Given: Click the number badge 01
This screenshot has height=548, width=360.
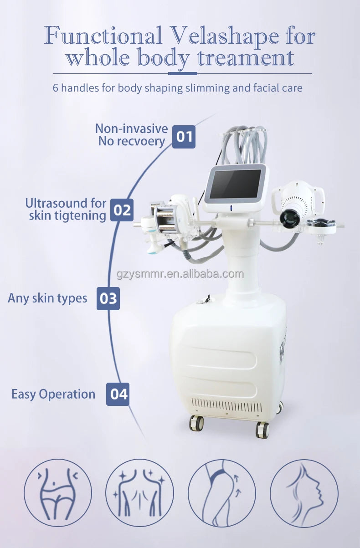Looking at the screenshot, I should tap(184, 136).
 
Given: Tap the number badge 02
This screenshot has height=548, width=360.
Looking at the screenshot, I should tap(122, 210).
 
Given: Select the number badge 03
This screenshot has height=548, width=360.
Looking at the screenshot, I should tap(108, 298).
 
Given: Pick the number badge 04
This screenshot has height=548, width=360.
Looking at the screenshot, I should tap(118, 394).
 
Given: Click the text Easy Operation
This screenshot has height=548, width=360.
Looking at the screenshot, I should tap(53, 394).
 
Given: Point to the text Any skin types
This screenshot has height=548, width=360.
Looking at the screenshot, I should tap(47, 298).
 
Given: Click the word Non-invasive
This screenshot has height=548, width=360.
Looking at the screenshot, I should tap(131, 129).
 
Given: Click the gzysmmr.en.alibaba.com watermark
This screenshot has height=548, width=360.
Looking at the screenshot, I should tap(180, 274).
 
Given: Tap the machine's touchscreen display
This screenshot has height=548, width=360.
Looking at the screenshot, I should tap(236, 184).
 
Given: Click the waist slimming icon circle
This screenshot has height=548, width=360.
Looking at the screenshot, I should tap(58, 493).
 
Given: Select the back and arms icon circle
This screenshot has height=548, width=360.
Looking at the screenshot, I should tap(139, 493).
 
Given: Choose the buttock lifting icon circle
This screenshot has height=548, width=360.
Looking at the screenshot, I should tap(222, 493).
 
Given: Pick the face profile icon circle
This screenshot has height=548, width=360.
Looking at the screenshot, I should tap(304, 493).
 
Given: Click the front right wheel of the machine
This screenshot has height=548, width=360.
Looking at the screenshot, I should tap(262, 429).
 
